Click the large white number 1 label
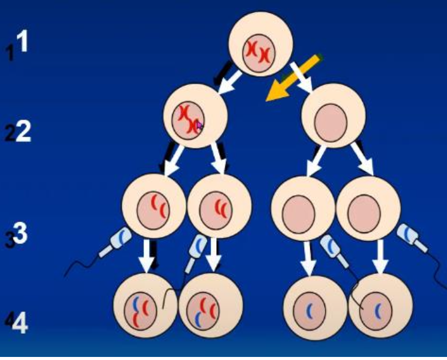click(x=23, y=42)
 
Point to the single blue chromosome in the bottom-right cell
click(x=377, y=310)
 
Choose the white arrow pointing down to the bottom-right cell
click(x=380, y=256)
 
